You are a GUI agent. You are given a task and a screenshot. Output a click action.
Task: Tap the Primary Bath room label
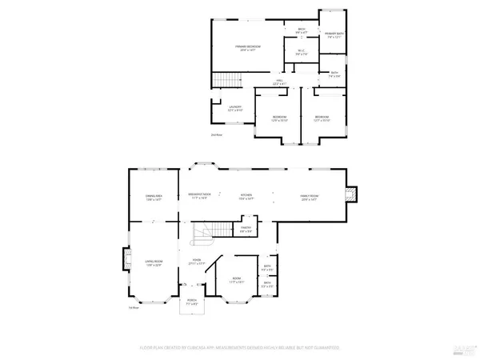tap(334, 34)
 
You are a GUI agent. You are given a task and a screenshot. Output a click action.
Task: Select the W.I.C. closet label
tap(302, 53)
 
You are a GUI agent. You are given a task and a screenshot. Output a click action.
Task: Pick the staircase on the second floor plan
tap(226, 80)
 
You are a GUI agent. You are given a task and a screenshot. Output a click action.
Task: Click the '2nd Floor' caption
tap(216, 134)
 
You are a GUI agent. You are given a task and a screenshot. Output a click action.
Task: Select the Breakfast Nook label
tap(199, 195)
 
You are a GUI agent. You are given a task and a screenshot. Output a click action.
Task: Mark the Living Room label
tap(153, 264)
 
